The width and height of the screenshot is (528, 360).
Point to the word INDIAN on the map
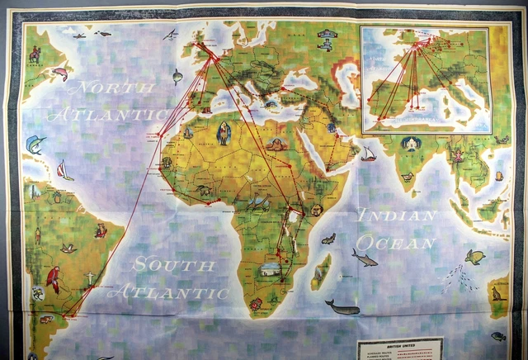pos(395,216)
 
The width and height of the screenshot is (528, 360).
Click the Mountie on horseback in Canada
pos(35,54)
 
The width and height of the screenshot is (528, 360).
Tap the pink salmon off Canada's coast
pos(59,73)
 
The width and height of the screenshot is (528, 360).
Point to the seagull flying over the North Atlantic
pos(170,35)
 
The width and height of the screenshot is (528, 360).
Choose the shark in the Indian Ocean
pos(363,258)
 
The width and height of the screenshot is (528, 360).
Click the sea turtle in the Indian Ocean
pos(474,257)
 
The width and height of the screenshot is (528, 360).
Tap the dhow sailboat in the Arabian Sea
pos(368,154)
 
